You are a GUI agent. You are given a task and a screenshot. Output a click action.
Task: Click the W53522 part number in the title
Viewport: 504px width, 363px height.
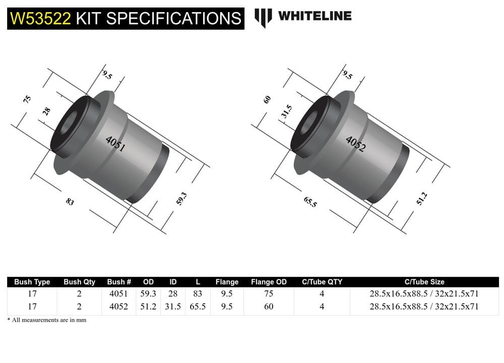pyautogui.click(x=40, y=18)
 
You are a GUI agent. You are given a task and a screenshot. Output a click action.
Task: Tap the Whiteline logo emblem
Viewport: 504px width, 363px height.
pyautogui.click(x=263, y=17)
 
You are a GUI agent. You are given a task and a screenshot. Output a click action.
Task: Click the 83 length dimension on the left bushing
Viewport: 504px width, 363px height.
pyautogui.click(x=70, y=202)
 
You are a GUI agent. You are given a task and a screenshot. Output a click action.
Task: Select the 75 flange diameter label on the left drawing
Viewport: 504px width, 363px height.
pyautogui.click(x=27, y=99)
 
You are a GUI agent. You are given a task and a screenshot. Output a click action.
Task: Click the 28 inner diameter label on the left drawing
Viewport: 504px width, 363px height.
pyautogui.click(x=46, y=111)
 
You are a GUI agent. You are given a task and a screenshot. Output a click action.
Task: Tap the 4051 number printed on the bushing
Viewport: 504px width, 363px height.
pyautogui.click(x=115, y=144)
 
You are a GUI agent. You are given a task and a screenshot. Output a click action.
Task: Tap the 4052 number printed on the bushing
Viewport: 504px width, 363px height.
pyautogui.click(x=355, y=144)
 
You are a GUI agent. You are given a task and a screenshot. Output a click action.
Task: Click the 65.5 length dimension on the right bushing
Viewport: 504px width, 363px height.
pyautogui.click(x=310, y=202)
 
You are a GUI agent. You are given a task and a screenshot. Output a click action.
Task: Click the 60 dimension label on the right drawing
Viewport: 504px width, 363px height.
pyautogui.click(x=268, y=99)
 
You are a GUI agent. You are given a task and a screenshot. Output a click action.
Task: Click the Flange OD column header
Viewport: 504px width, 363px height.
pyautogui.click(x=269, y=282)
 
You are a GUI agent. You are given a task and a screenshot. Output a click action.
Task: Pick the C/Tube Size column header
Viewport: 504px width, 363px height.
pyautogui.click(x=424, y=282)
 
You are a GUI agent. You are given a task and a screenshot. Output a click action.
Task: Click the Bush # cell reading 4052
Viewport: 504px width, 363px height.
pyautogui.click(x=119, y=306)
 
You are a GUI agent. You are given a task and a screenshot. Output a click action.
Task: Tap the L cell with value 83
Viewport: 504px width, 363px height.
pyautogui.click(x=198, y=294)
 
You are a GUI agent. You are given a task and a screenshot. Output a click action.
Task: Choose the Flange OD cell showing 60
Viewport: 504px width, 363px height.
pyautogui.click(x=269, y=306)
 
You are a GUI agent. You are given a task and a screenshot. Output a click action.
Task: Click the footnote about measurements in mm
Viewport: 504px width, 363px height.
pyautogui.click(x=46, y=320)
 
